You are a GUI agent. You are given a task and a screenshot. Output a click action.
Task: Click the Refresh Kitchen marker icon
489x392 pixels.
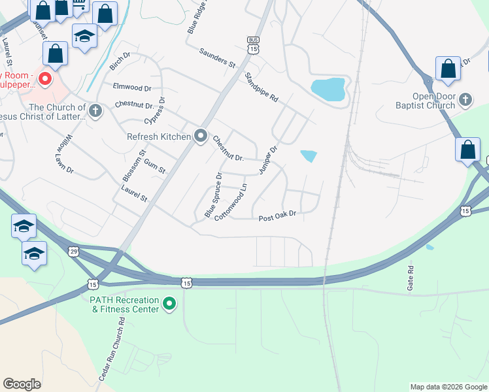pos(201,137)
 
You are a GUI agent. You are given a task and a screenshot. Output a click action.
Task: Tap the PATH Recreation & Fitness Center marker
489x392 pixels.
pos(169,304)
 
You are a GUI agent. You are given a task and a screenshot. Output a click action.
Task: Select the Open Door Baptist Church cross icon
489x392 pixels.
pos(465,100)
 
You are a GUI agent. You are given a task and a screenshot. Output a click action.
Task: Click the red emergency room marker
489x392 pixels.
pos(45,80)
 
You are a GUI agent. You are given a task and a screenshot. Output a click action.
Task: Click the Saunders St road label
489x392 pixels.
pos(218,57)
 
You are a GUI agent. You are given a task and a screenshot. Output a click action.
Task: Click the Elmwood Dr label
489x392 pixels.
pos(132,87)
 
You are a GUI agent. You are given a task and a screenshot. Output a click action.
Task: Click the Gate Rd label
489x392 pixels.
pos(411,278)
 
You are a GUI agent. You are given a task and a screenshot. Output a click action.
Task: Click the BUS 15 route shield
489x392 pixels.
pos(254,45)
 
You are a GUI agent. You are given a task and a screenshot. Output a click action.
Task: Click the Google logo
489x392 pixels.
pos(22,384)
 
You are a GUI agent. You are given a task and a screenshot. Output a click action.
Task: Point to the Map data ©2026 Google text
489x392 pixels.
pos(448,387)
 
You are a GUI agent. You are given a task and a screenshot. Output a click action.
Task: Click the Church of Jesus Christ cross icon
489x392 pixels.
pos(95,110)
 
